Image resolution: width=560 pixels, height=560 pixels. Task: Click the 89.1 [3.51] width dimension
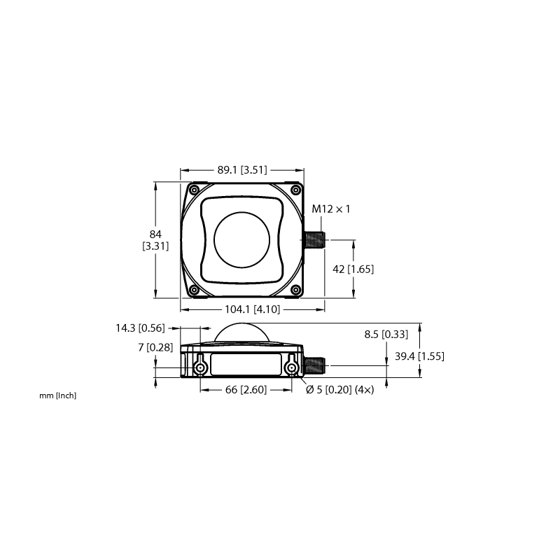point(242,170)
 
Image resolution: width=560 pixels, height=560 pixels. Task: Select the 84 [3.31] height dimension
point(155,240)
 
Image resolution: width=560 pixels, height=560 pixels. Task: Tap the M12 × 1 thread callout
point(331,209)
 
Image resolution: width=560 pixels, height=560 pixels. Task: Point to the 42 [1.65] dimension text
point(353,269)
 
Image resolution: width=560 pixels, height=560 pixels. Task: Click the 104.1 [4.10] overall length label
point(253,309)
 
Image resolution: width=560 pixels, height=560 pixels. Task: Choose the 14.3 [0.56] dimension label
point(141,328)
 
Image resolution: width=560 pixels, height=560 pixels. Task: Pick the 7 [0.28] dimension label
point(155,347)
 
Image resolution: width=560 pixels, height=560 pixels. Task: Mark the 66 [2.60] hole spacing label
point(246,389)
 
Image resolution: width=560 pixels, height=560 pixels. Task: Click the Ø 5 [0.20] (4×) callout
point(340,389)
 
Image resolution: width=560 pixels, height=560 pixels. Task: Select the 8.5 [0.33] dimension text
point(386,335)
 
